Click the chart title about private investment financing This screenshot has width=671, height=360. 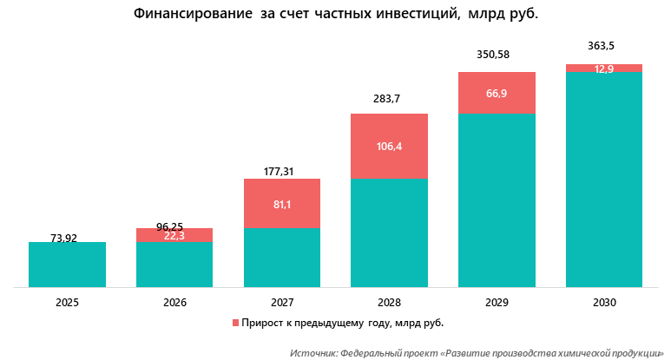coord(335,15)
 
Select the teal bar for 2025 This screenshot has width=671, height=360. coord(68,265)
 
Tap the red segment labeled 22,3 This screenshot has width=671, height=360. coord(174,235)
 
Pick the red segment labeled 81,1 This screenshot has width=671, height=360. coord(282,204)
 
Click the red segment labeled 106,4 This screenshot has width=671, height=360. coord(389,146)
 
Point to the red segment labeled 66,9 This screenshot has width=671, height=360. coord(497,93)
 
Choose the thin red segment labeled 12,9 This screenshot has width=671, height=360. coord(604,69)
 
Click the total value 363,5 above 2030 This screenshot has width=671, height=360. coord(604,44)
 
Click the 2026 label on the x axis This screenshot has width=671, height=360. coord(174,303)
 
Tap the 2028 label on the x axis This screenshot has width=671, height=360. coord(389,303)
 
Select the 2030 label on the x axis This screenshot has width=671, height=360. coord(604,303)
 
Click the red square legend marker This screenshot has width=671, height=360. coord(234,323)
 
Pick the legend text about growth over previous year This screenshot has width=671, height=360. coord(343,323)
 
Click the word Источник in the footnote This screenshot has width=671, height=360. coord(315,354)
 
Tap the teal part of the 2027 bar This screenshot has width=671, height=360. coord(282,258)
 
